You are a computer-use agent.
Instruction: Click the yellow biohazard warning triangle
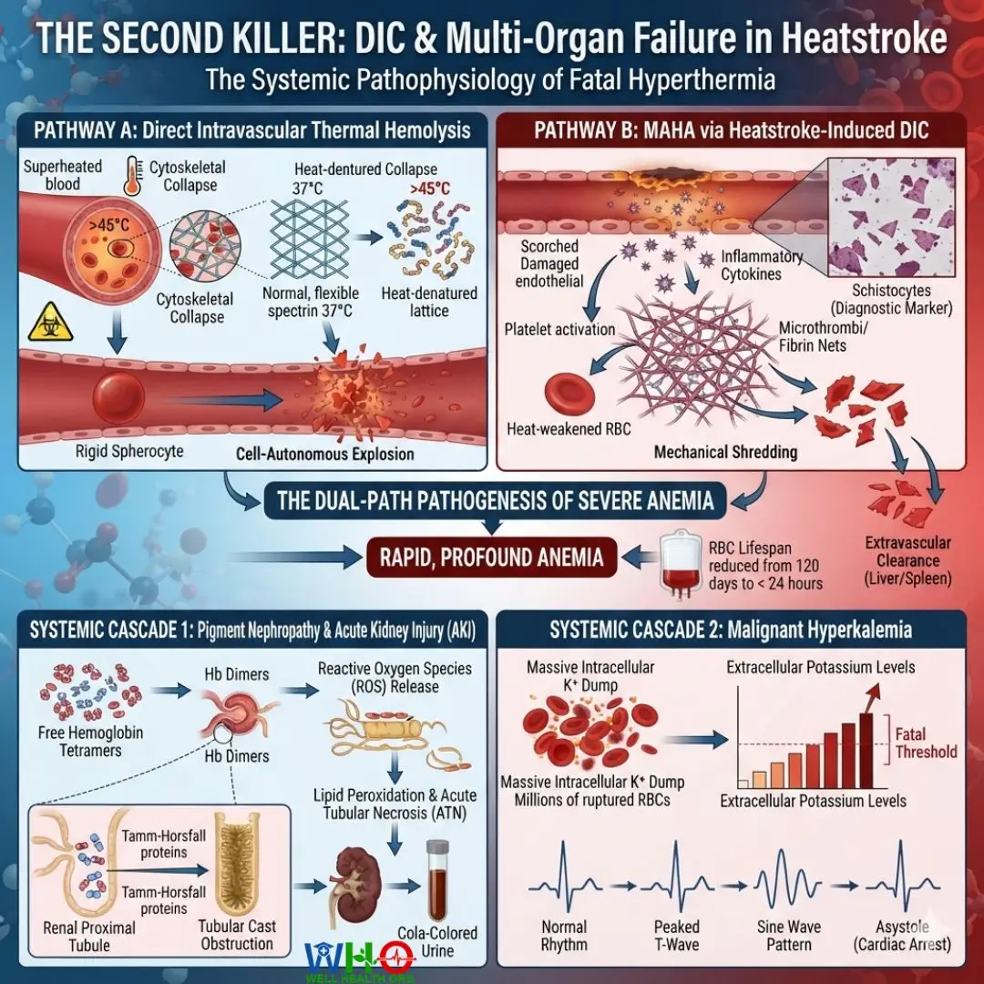(51, 323)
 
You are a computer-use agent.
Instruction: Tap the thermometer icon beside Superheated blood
(133, 176)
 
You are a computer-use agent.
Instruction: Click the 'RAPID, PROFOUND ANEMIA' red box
(491, 558)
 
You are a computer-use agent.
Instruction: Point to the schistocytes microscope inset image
(892, 217)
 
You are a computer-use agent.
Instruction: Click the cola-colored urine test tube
(437, 880)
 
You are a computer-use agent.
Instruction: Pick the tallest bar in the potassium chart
(866, 751)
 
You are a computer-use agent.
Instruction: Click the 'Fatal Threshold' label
(926, 743)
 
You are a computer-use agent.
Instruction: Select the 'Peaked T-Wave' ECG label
(676, 936)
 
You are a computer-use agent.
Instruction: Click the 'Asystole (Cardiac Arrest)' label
(902, 936)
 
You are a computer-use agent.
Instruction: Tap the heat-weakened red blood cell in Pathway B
(569, 395)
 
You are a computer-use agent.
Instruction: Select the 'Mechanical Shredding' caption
(725, 452)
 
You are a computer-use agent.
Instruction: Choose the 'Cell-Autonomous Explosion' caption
(325, 454)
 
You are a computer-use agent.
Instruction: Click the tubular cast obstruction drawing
(237, 864)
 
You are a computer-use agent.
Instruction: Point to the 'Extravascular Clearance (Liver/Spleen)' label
(907, 560)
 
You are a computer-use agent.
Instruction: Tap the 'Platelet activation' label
(559, 330)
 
